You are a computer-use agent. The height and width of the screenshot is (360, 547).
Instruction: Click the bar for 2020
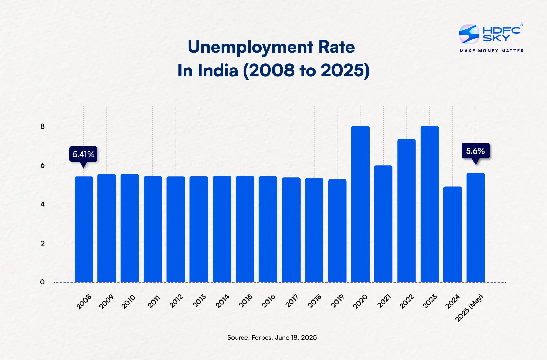click(x=360, y=205)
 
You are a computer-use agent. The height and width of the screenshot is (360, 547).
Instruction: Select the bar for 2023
click(x=429, y=205)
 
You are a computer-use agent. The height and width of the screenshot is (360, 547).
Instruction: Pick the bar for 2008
click(x=84, y=229)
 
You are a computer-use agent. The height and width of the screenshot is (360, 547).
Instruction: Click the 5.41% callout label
click(x=83, y=154)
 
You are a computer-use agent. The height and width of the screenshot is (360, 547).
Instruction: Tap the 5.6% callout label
click(x=475, y=151)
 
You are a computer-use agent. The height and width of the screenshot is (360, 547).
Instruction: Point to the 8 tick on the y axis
click(x=43, y=126)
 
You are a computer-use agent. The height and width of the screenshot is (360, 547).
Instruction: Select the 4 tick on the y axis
click(x=43, y=204)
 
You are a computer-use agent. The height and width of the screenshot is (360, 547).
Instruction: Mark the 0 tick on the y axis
click(x=42, y=282)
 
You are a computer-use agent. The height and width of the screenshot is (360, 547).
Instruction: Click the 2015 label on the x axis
click(x=245, y=301)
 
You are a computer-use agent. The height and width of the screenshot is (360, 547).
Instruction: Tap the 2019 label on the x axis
click(x=337, y=301)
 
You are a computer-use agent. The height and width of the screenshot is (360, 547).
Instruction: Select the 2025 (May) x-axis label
click(x=469, y=308)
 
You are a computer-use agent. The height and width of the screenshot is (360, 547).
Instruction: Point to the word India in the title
click(x=218, y=70)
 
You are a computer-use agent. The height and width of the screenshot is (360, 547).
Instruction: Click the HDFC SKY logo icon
click(x=469, y=34)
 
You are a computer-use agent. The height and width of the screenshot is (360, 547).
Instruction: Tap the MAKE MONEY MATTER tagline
click(x=492, y=51)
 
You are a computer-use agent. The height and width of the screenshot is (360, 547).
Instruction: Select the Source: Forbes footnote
click(x=272, y=337)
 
